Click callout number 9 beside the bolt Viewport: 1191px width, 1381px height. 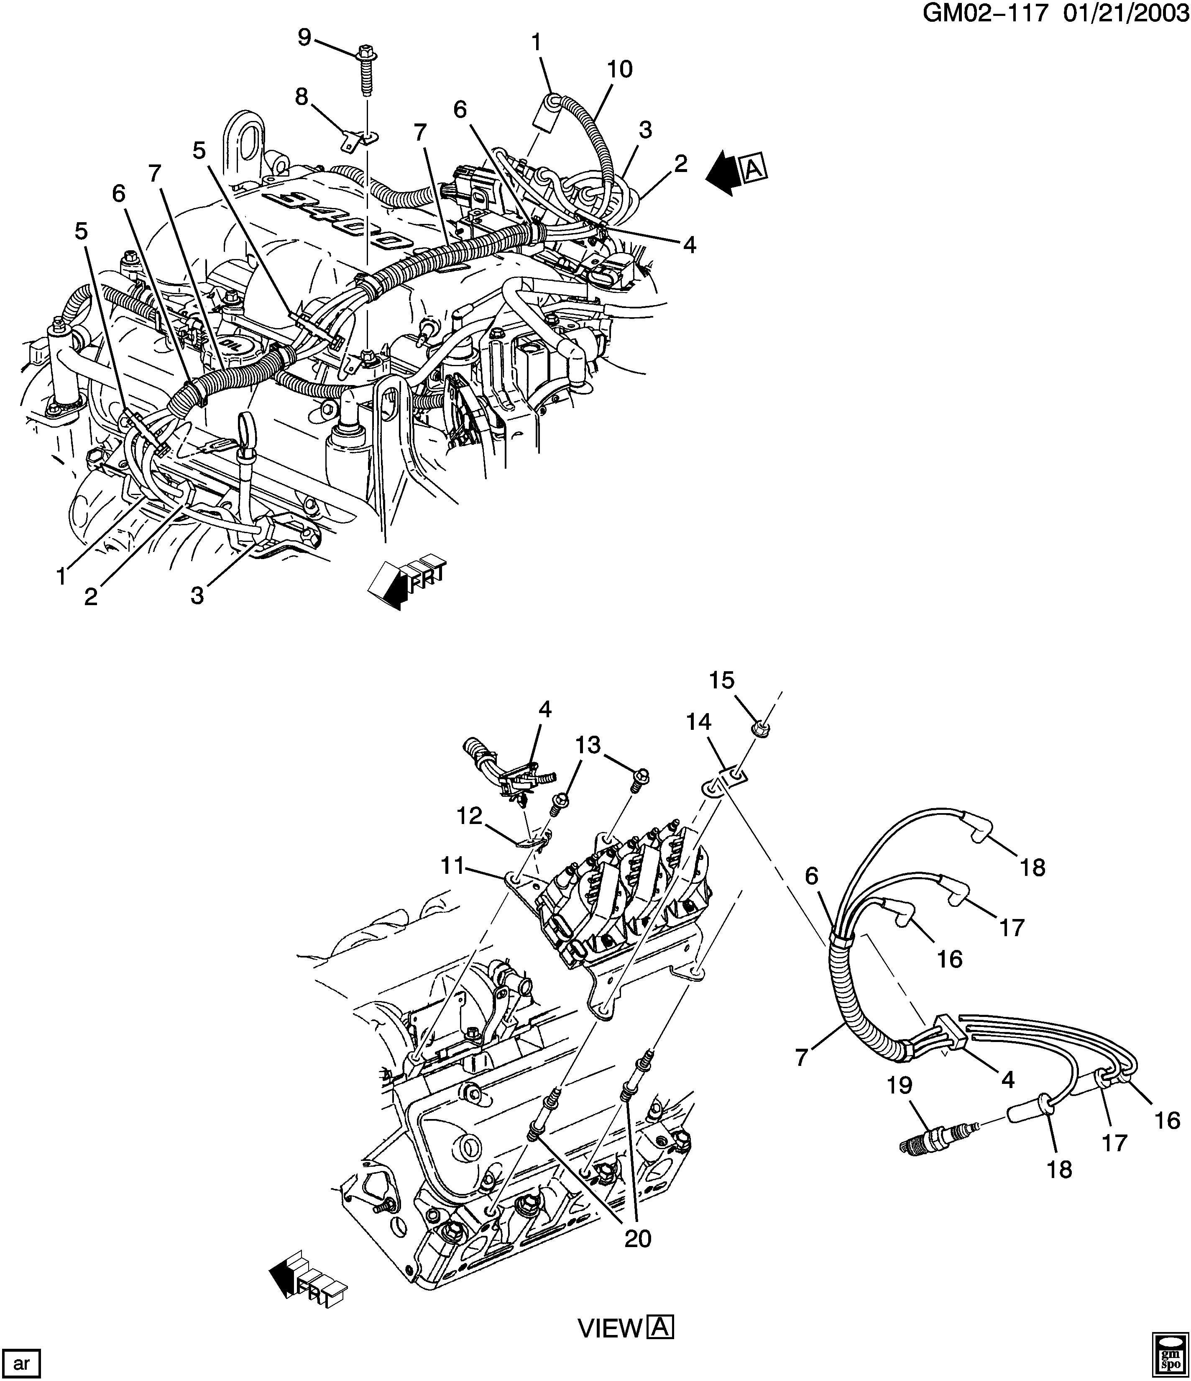[x=304, y=37]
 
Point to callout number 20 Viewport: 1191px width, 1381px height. [x=637, y=1238]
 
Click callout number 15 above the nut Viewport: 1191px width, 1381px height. [x=721, y=680]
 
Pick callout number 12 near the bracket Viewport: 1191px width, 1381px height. [x=470, y=816]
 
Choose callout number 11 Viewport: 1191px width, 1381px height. [x=452, y=866]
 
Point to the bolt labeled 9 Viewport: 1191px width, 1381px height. [x=365, y=69]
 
